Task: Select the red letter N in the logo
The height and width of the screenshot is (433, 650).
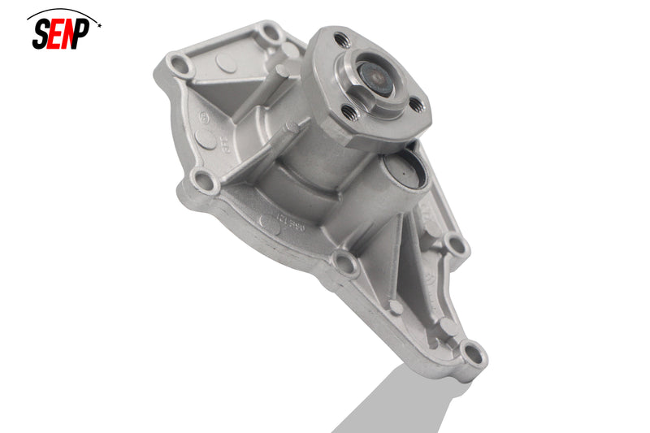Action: (71, 36)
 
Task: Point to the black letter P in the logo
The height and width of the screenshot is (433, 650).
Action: (86, 35)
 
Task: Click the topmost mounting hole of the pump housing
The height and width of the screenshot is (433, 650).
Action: (267, 35)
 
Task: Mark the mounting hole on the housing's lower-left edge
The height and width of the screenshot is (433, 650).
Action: (206, 182)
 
